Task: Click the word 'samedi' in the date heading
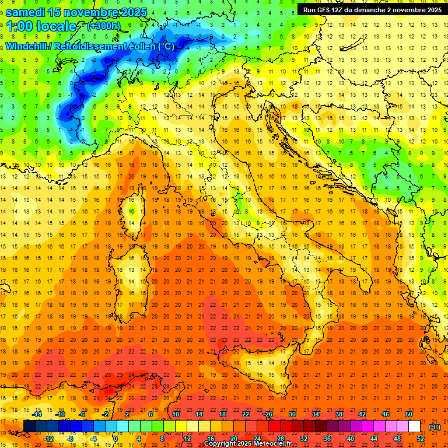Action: [26, 12]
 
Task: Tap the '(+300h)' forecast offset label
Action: [104, 26]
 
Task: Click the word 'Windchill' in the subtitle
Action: [27, 46]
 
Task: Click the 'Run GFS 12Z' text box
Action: [370, 9]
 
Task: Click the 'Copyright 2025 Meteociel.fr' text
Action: [247, 443]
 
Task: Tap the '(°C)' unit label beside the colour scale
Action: [435, 426]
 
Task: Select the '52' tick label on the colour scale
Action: [420, 439]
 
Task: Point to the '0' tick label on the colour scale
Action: [116, 439]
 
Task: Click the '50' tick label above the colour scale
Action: [408, 414]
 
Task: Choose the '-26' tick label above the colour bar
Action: [268, 414]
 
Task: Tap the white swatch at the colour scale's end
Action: [414, 426]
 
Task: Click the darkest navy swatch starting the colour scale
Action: [29, 426]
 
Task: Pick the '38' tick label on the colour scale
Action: [338, 414]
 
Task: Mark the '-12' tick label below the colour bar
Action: [48, 439]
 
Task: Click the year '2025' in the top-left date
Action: [132, 12]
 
